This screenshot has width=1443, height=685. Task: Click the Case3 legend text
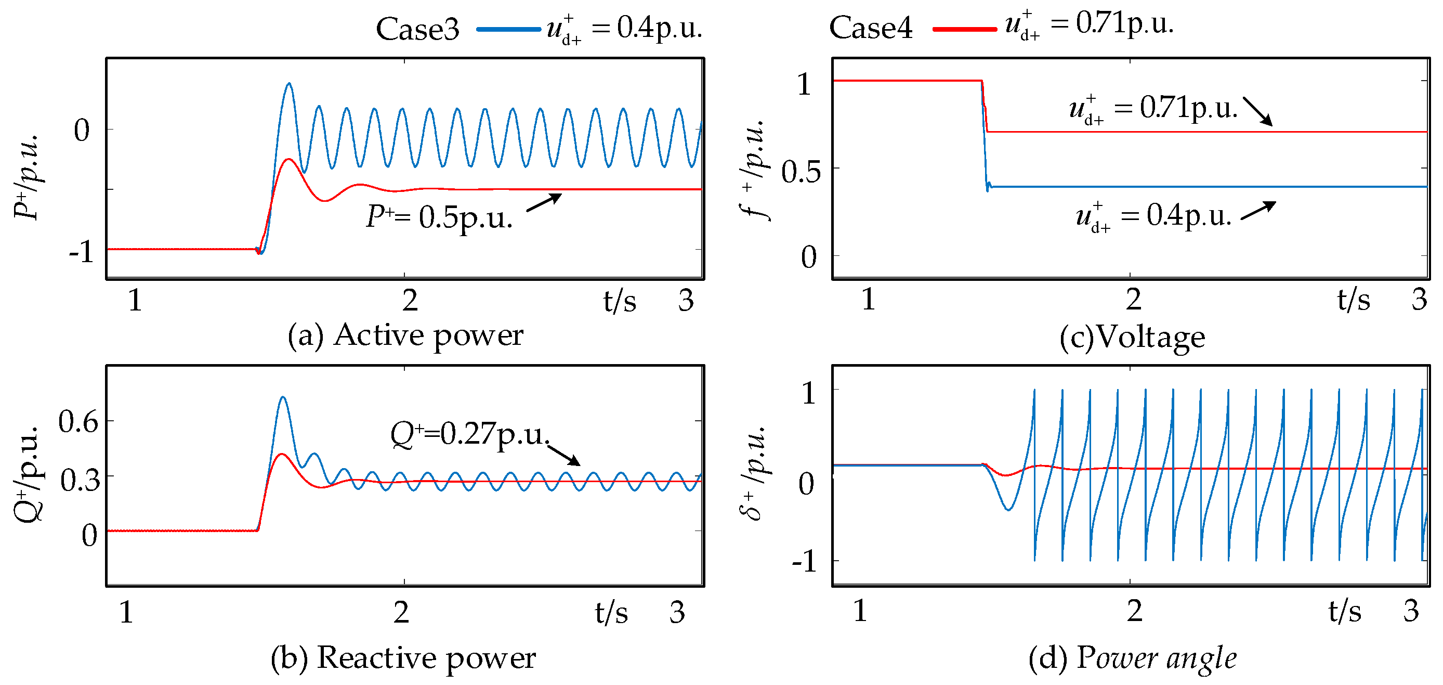pyautogui.click(x=417, y=29)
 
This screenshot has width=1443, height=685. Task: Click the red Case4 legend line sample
pyautogui.click(x=964, y=29)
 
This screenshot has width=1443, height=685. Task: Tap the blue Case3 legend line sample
pyautogui.click(x=508, y=29)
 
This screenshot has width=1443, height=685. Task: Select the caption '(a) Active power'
pyautogui.click(x=405, y=335)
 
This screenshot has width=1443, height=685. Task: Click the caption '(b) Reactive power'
pyautogui.click(x=403, y=657)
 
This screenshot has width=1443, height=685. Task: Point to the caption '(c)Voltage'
pyautogui.click(x=1132, y=337)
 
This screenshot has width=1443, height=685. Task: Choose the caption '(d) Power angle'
pyautogui.click(x=1132, y=657)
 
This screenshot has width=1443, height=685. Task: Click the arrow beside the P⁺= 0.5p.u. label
pyautogui.click(x=544, y=202)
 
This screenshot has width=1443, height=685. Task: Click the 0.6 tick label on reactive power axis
pyautogui.click(x=78, y=421)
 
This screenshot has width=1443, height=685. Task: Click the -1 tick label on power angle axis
pyautogui.click(x=806, y=561)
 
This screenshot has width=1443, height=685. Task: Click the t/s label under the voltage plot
pyautogui.click(x=1354, y=300)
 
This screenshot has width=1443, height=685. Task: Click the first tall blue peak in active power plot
pyautogui.click(x=289, y=85)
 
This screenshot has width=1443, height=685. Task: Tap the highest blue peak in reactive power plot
pyautogui.click(x=283, y=398)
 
